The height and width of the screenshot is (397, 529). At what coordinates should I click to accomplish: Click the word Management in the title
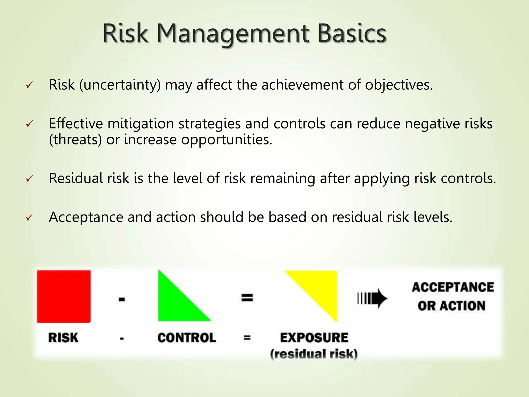tap(232, 34)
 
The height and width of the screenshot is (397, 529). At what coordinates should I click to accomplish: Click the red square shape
tap(64, 296)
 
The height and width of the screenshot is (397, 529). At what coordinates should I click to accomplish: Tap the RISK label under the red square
tap(63, 338)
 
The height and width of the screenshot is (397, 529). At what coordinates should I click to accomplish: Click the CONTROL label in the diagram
tap(187, 338)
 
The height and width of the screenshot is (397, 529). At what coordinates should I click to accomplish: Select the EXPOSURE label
tap(314, 338)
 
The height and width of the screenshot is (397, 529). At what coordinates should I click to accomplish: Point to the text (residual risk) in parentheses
tap(314, 354)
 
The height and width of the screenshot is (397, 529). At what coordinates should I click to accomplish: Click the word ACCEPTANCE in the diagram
tap(453, 287)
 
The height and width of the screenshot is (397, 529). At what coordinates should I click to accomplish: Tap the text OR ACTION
tap(451, 306)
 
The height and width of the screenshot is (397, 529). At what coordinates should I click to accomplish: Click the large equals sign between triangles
tap(247, 298)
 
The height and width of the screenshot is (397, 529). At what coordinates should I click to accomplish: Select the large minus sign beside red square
tap(122, 300)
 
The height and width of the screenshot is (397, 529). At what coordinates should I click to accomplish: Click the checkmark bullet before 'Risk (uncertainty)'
tap(29, 85)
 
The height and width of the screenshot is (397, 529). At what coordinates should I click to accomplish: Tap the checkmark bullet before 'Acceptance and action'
tap(29, 217)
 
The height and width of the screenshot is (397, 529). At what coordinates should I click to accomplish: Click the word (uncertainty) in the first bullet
tap(120, 85)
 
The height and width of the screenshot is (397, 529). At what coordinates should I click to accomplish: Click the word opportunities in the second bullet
tap(227, 140)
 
